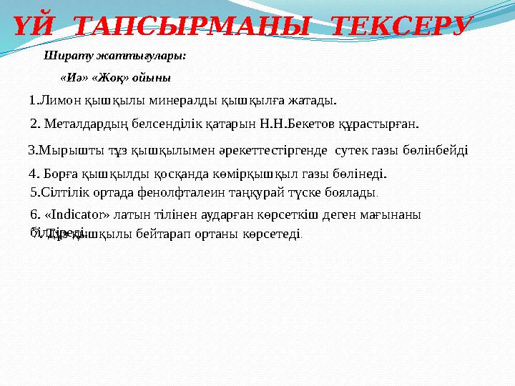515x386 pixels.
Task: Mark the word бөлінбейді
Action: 436,150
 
